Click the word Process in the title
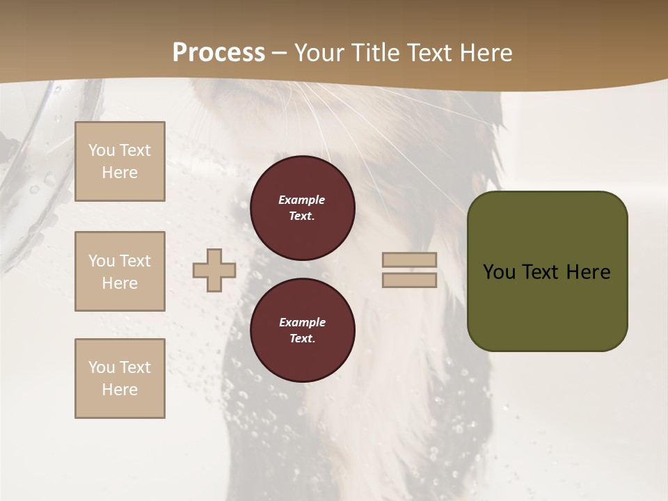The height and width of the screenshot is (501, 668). pyautogui.click(x=218, y=53)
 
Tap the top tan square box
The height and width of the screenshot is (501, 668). pyautogui.click(x=120, y=161)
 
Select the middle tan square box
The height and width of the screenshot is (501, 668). pyautogui.click(x=120, y=271)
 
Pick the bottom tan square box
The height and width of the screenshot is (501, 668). pyautogui.click(x=120, y=379)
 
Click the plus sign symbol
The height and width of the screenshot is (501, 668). pyautogui.click(x=214, y=271)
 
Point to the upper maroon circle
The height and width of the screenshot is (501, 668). pyautogui.click(x=302, y=208)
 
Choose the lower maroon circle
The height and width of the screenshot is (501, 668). pyautogui.click(x=302, y=331)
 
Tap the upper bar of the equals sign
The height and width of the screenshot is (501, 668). pyautogui.click(x=409, y=260)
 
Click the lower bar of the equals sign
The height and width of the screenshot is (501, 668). pyautogui.click(x=409, y=280)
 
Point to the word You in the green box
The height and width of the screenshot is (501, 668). pyautogui.click(x=499, y=272)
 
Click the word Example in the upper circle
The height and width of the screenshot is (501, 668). pyautogui.click(x=301, y=200)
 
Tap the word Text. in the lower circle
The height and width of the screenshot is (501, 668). pyautogui.click(x=302, y=338)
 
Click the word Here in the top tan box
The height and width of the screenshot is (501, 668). pyautogui.click(x=120, y=173)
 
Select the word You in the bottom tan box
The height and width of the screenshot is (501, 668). pyautogui.click(x=102, y=367)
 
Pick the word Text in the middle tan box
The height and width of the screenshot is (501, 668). pyautogui.click(x=134, y=261)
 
